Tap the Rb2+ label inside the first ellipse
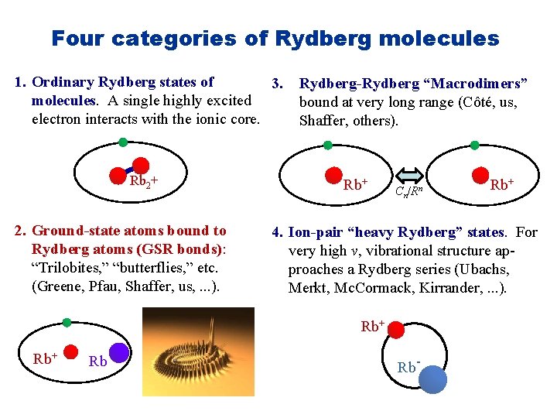click(144, 183)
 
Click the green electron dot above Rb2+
click(123, 142)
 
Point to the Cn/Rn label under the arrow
click(407, 191)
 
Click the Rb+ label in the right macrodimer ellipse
click(501, 184)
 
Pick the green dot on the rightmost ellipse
click(474, 145)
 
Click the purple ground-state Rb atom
click(118, 354)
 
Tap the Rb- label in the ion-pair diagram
click(408, 367)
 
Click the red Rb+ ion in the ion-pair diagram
click(395, 330)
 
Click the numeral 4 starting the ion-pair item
click(275, 231)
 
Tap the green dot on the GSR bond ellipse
click(67, 321)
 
